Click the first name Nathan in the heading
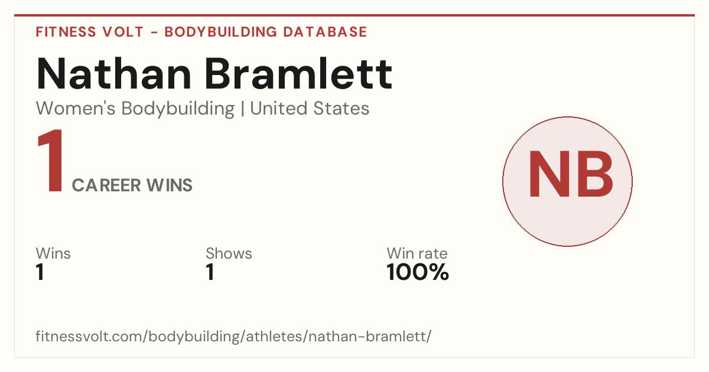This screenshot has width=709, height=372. pos(114,74)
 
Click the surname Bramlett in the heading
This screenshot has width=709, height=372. pos(299,74)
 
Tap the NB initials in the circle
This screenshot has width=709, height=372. pos(571,174)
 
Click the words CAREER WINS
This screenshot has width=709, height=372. pos(132,185)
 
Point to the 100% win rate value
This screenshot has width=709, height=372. pos(418,272)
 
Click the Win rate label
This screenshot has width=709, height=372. pos(417,253)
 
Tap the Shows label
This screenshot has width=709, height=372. pos(229,253)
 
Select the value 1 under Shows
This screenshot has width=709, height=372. pos(210,272)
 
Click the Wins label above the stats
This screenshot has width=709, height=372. pos(53,253)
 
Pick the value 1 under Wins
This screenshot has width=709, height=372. pos(40,272)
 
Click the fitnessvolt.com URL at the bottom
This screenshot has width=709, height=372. pos(233,336)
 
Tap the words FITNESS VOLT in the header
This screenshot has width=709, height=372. pos(90,32)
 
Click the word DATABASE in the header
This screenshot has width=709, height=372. pos(325,32)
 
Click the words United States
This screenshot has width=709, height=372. pos(310,109)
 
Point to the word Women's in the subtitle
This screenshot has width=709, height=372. pos(76,109)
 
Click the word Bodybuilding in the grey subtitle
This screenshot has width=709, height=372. pos(178,109)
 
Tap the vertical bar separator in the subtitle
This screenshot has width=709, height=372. pos(242,109)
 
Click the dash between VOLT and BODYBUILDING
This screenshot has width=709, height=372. pos(154,32)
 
